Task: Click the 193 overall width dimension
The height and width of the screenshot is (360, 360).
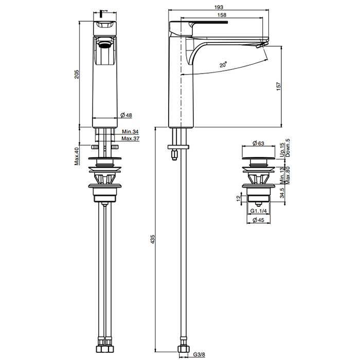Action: click(x=219, y=7)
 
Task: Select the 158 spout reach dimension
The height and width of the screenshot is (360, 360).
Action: click(x=222, y=15)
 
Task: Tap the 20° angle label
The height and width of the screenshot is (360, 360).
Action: click(x=223, y=64)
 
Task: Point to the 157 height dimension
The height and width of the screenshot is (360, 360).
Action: click(x=279, y=86)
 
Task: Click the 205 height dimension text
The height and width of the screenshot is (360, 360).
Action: click(x=77, y=74)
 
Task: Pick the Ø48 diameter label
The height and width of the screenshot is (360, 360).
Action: click(x=127, y=115)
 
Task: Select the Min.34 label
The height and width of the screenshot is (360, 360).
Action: click(x=130, y=132)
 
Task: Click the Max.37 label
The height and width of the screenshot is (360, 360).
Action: click(x=130, y=138)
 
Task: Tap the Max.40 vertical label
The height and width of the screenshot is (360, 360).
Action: click(x=77, y=156)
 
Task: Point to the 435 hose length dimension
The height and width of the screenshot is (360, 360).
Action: click(x=153, y=239)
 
